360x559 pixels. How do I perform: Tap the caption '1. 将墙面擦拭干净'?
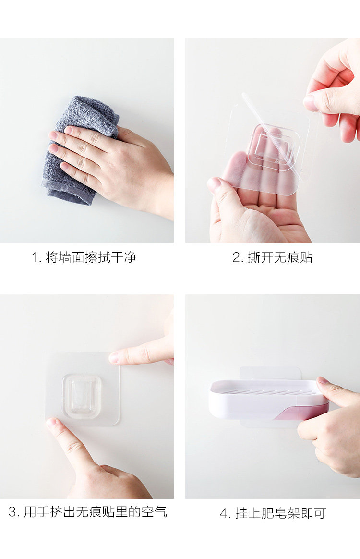[x=84, y=257]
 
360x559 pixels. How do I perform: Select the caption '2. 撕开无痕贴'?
[x=272, y=257]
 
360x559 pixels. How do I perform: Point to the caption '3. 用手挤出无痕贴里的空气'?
[x=88, y=512]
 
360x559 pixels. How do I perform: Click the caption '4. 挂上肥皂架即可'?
[x=273, y=513]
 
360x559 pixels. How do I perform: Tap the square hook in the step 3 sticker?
[x=82, y=396]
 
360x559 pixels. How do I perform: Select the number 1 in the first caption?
[x=35, y=257]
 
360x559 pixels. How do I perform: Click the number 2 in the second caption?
[x=236, y=257]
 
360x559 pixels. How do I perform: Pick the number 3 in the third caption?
[x=13, y=512]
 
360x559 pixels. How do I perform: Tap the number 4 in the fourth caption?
[x=224, y=513]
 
